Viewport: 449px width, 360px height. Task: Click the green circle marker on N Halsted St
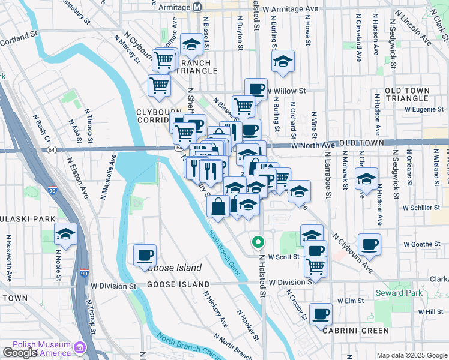click(258, 242)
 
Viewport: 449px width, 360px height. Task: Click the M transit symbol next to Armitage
click(197, 7)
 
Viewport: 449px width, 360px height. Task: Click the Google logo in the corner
click(19, 353)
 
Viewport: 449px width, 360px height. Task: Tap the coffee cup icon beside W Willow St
click(256, 89)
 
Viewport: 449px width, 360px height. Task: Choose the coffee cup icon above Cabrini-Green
click(321, 313)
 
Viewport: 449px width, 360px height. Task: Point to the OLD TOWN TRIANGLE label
click(408, 94)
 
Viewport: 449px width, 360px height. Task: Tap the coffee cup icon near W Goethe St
click(370, 244)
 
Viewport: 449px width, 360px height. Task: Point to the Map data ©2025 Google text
click(412, 355)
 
